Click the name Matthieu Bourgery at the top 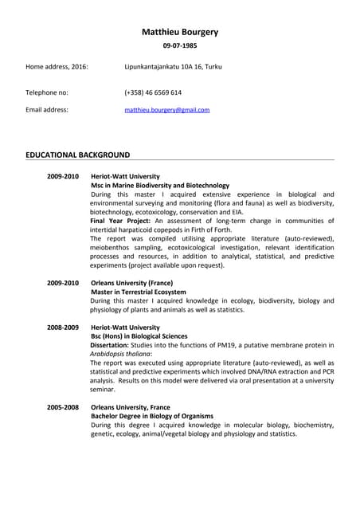click(179, 32)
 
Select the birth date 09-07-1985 click(179, 47)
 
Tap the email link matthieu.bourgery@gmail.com click(166, 110)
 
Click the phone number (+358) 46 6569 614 click(153, 92)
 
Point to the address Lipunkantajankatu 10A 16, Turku click(173, 66)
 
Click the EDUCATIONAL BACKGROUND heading click(77, 154)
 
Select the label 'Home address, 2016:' click(57, 66)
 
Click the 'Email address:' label click(47, 110)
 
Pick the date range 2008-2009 click(63, 328)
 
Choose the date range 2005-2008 click(63, 407)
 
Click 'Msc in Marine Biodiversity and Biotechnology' click(159, 185)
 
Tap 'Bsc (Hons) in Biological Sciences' click(139, 336)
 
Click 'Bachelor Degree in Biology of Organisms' click(152, 416)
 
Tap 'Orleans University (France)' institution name click(135, 283)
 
